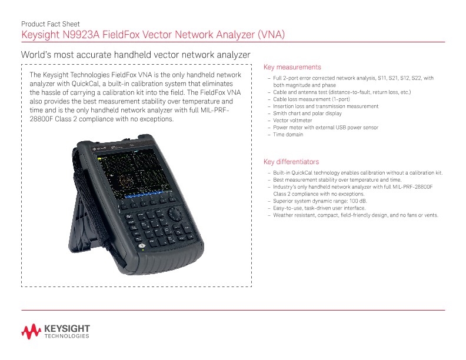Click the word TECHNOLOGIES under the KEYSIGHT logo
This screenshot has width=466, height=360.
pos(66,336)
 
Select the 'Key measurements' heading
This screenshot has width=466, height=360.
pos(292,66)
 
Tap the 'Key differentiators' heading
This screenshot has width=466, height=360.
pos(291,161)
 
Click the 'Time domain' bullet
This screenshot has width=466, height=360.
pos(288,135)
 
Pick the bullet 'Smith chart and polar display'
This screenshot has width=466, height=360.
pos(307,114)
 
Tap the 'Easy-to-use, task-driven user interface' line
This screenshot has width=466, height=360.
pos(319,208)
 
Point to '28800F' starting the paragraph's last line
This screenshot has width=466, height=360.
pos(43,119)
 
